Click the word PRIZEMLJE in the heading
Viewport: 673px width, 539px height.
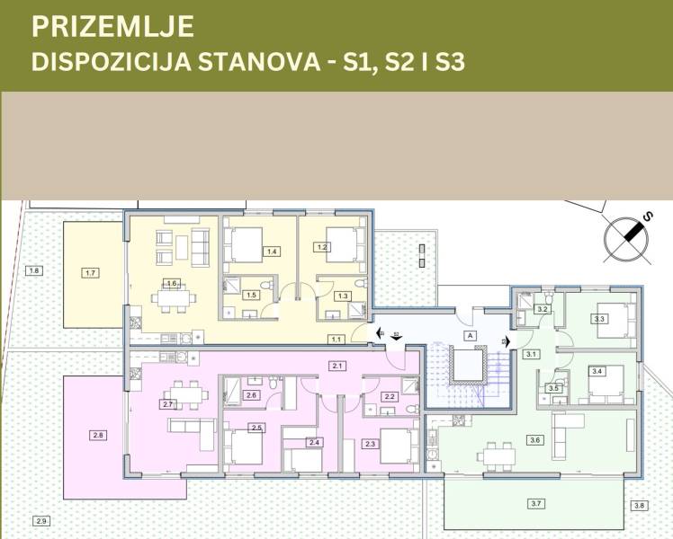coord(112,27)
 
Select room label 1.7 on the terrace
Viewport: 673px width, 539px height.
coord(89,271)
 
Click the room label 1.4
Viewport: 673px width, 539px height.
coord(271,252)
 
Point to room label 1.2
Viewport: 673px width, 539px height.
coord(324,246)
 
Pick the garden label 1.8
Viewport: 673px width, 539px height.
coord(35,270)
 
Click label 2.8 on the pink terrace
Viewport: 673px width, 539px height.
coord(98,436)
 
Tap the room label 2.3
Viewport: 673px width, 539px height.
coord(370,444)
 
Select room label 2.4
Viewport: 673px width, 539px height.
coord(313,442)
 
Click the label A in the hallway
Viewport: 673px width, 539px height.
coord(469,333)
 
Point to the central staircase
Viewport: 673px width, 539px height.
coord(469,367)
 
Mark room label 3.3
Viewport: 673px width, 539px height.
coord(600,318)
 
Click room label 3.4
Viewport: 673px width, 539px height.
coord(596,371)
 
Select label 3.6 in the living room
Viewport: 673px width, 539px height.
coord(535,440)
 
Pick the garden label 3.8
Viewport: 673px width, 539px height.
coord(639,506)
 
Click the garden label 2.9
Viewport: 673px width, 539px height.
coord(40,521)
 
